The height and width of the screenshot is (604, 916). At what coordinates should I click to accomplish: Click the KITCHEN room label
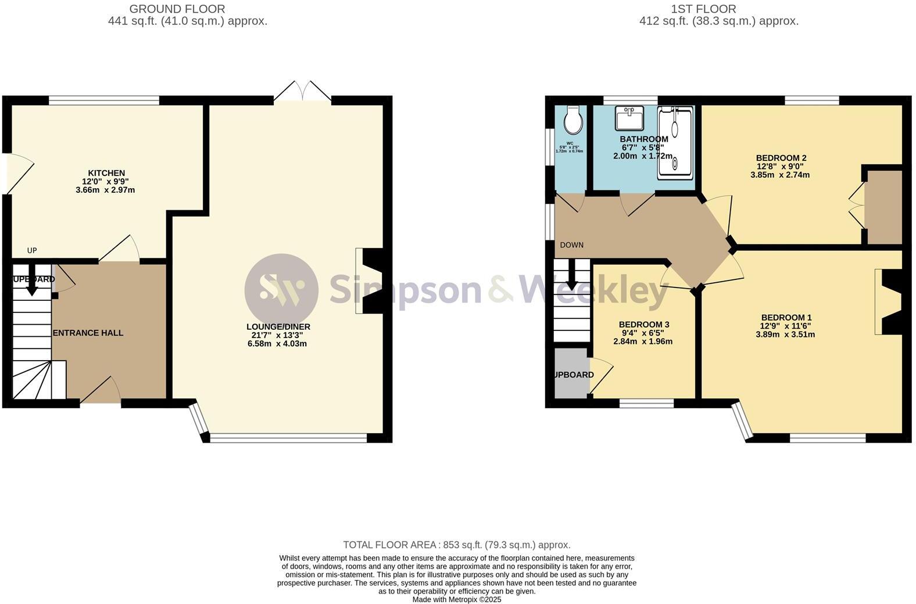pos(106,173)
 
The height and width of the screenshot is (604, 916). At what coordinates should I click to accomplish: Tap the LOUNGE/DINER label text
pos(278,327)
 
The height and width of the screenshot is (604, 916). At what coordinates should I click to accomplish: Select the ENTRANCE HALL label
pos(88,333)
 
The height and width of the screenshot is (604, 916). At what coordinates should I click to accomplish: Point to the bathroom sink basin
pos(629,119)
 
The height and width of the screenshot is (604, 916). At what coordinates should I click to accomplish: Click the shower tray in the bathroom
pos(675,142)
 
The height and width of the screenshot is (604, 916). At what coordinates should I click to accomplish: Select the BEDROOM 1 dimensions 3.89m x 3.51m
pos(785,335)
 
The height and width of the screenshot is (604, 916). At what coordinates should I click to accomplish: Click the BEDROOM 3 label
pos(643,325)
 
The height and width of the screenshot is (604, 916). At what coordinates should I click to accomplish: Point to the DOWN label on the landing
pos(571,245)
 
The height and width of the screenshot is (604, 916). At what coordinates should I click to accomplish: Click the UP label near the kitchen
pos(32,250)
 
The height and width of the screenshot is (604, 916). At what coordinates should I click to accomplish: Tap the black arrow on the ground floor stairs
pos(32,279)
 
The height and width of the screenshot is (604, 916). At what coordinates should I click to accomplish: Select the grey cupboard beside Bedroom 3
pos(570,373)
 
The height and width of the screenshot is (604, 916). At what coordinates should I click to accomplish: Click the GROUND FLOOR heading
pos(177,9)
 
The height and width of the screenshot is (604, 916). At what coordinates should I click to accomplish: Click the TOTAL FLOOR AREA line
pos(456,545)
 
